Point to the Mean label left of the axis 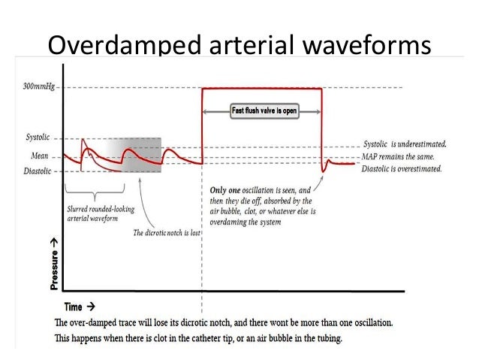click(x=41, y=156)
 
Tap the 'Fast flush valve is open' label click(x=263, y=111)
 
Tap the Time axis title click(x=72, y=307)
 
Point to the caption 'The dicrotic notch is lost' click(x=167, y=233)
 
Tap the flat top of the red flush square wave click(x=263, y=89)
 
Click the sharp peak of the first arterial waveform click(x=83, y=138)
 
